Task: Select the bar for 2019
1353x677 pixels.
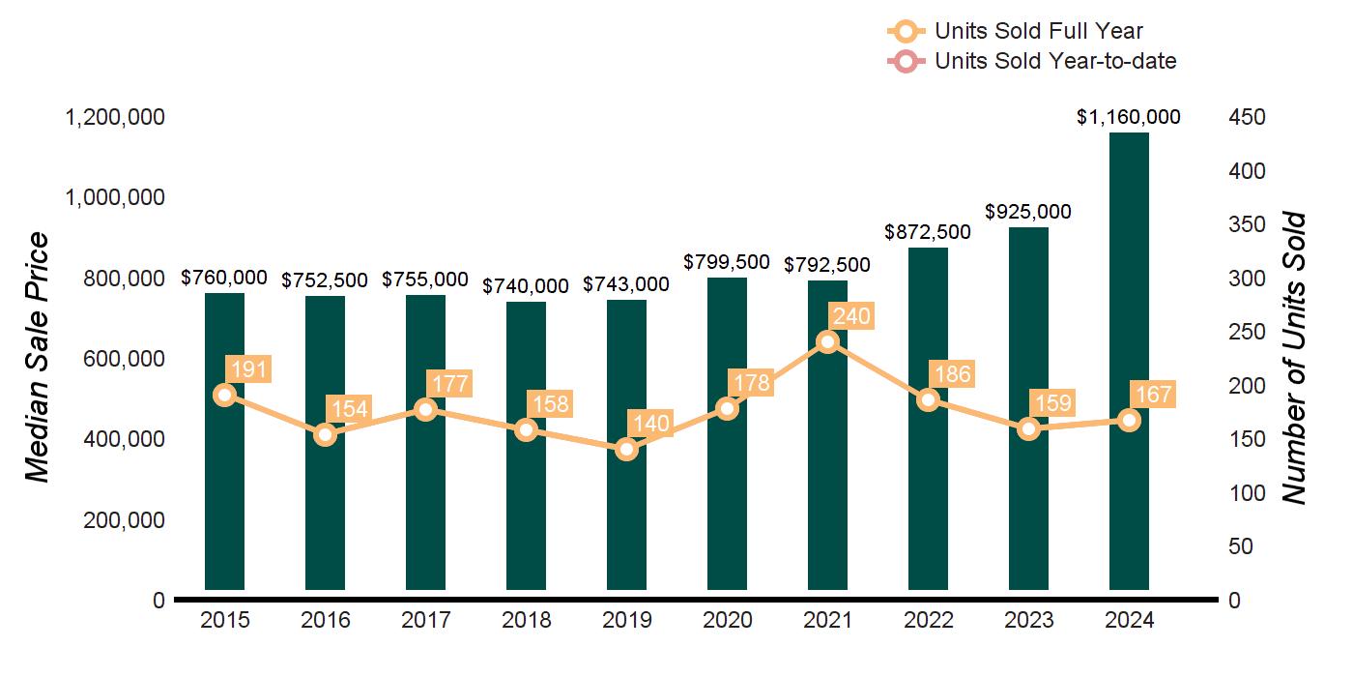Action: tap(626, 513)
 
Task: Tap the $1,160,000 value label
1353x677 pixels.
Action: tap(1129, 117)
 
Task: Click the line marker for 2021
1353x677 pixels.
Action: tap(827, 341)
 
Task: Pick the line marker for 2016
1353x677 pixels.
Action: tap(325, 434)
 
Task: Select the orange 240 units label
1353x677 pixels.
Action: tap(850, 316)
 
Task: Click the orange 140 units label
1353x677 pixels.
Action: tap(649, 424)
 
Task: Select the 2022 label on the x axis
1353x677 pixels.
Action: tap(928, 621)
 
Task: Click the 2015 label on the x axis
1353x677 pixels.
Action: tap(224, 621)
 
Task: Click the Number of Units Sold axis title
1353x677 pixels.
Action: tap(1294, 358)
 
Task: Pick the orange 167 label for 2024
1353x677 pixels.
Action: tap(1152, 395)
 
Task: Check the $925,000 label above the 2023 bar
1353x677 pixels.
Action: tap(1028, 212)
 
